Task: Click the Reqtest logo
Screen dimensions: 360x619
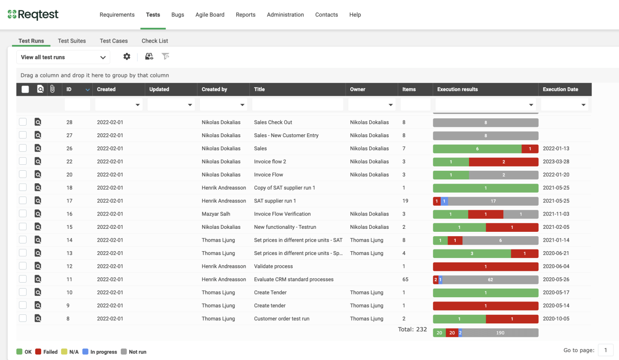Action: tap(33, 15)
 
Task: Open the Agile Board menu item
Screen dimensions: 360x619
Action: tap(210, 15)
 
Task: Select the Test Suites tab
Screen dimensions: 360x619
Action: tap(72, 41)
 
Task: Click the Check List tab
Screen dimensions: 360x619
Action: tap(155, 41)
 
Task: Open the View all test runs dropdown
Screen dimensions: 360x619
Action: tap(63, 57)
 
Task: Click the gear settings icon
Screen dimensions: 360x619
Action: tap(127, 56)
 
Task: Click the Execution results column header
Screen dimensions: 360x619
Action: tap(457, 89)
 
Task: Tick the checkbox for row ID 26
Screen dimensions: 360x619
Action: tap(23, 148)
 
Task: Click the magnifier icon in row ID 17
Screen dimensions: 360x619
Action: tap(38, 201)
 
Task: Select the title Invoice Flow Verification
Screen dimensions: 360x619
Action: tap(282, 214)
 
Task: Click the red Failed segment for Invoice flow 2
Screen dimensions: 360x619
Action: tap(503, 162)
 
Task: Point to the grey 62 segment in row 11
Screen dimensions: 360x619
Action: tap(490, 280)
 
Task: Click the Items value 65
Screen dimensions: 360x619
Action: tap(405, 280)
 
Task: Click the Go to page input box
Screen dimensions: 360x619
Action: tap(606, 350)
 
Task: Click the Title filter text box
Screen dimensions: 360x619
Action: tap(297, 105)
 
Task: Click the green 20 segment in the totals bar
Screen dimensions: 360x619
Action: tap(439, 333)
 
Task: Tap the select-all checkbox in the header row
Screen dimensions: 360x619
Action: tap(25, 89)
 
